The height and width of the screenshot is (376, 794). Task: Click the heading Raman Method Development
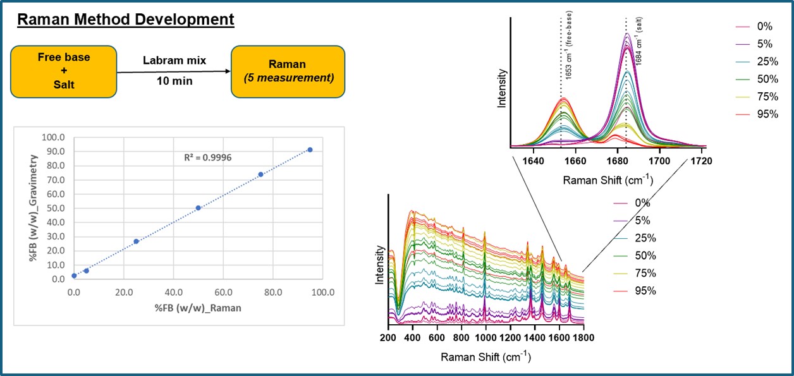(126, 19)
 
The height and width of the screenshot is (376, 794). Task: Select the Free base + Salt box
(63, 70)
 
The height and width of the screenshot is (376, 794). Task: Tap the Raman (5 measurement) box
(288, 70)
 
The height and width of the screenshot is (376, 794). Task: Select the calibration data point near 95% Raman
(310, 150)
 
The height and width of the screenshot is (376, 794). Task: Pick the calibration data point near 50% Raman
(198, 208)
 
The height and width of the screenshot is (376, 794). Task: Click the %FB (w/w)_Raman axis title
(198, 307)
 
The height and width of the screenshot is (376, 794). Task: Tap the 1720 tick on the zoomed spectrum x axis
(701, 161)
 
